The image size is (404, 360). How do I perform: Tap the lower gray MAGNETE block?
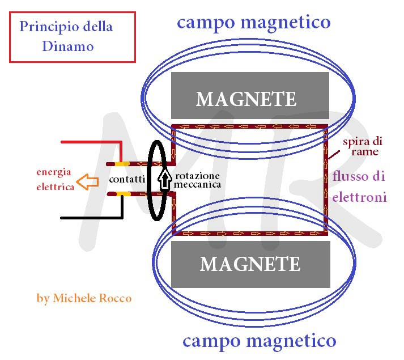(250, 264)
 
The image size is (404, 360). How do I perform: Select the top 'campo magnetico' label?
(253, 22)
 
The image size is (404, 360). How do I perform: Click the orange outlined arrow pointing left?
(87, 183)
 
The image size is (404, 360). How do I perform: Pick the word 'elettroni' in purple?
(360, 198)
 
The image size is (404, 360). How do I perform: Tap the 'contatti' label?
(127, 179)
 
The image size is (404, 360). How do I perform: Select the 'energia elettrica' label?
(55, 179)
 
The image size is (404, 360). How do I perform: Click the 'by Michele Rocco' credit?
(84, 298)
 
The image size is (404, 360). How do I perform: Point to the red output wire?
(91, 142)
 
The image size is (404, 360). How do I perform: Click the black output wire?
(91, 217)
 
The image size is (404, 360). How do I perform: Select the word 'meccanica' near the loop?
(197, 185)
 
